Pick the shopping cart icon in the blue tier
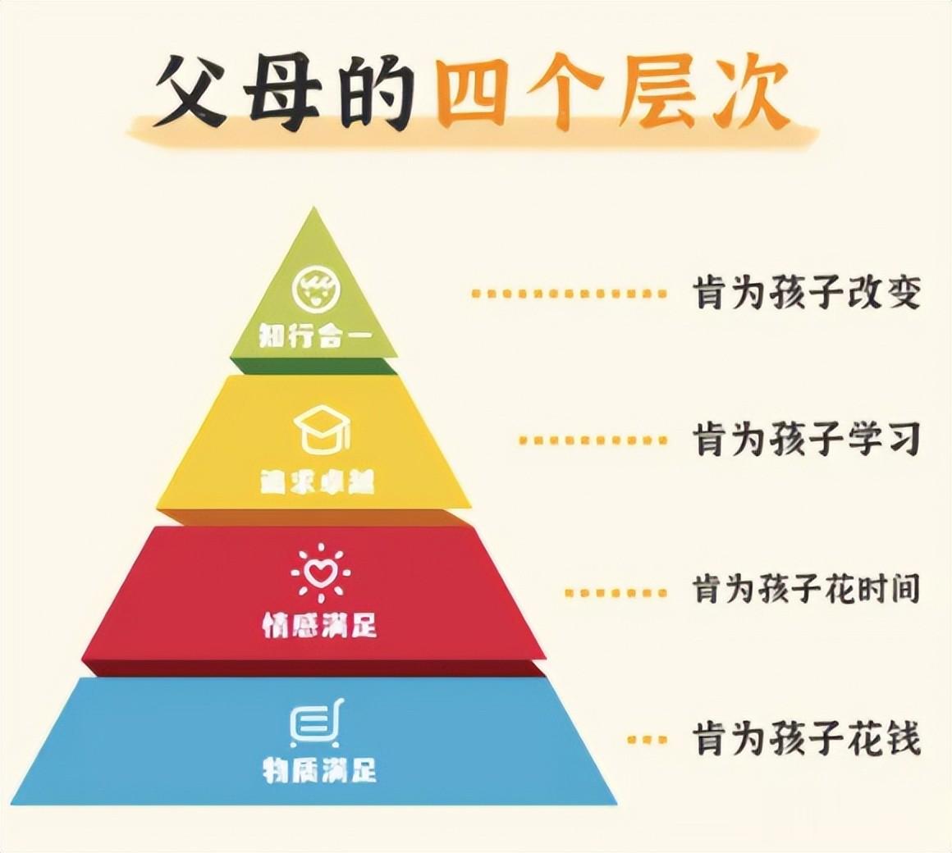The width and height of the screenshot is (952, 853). (316, 723)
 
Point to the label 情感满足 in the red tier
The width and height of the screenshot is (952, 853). (319, 625)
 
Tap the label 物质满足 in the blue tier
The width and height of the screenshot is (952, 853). (319, 770)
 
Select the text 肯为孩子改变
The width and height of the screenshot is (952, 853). (807, 293)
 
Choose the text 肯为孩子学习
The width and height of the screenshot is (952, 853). (807, 440)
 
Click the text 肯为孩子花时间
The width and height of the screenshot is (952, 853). (807, 590)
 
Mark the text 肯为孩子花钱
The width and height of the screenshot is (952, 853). (807, 739)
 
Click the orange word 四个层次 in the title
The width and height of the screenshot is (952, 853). (611, 92)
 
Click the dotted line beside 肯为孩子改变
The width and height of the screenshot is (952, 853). (570, 293)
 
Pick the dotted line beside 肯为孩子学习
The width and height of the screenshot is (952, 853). (593, 440)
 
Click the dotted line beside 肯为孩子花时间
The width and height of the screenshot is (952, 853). (616, 591)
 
